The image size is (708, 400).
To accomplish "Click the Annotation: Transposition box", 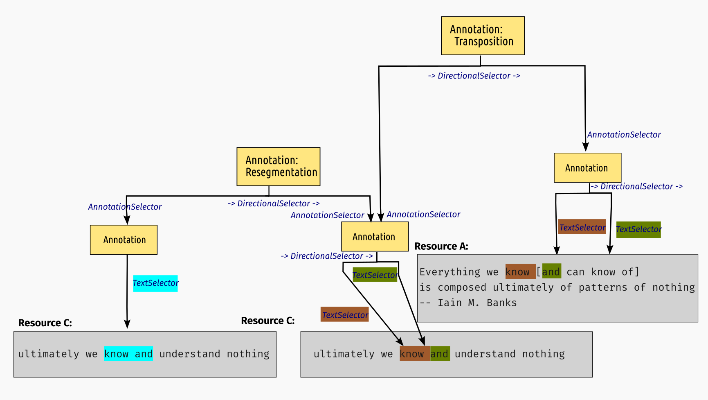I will point(483,36).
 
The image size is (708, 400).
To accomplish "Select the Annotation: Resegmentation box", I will point(278,167).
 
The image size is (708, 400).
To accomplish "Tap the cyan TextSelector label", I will point(155,283).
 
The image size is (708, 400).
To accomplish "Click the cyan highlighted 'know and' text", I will point(128,354).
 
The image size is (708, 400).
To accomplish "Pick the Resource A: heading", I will point(441,246).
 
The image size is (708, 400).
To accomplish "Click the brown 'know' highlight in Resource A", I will point(520,271).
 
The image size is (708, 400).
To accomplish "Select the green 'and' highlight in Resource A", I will point(551,271).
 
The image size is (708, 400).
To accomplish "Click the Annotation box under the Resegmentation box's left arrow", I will point(124,240).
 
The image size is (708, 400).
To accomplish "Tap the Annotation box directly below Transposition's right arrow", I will point(587,168).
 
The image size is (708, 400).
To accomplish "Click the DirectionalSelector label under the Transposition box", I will point(474,76).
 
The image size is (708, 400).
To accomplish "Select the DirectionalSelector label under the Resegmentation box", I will point(274,203).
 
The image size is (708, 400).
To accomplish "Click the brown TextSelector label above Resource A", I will point(582,227).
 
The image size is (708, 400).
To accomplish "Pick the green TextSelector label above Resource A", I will point(638,229).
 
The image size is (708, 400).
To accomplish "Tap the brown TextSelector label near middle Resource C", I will point(344,315).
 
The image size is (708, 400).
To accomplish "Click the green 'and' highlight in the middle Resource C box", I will point(440,354).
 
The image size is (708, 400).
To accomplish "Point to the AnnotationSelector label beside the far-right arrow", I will point(624,135).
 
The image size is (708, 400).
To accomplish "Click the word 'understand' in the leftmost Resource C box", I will point(190,354).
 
